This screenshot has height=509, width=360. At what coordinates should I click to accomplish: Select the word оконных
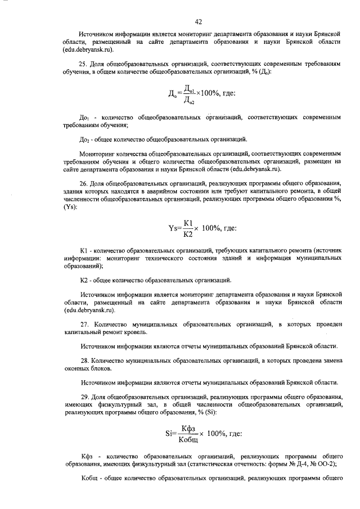point(77,368)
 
